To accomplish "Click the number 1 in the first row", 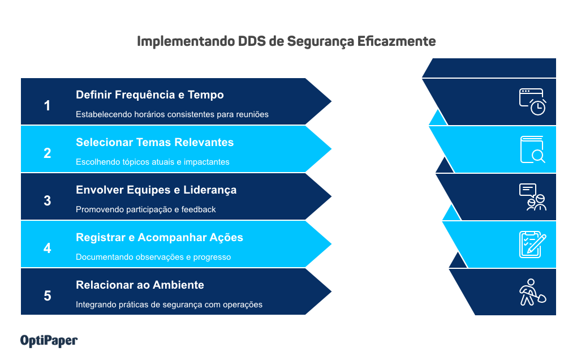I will pos(48,106).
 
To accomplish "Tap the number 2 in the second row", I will pos(48,153).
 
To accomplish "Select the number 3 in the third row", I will pos(48,201).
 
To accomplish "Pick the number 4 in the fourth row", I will pos(48,248).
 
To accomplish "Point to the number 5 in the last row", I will pos(48,296).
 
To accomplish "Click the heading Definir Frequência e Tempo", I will pos(150,95).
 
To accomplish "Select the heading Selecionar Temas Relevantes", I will pos(154,142).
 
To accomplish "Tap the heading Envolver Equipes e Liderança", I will pos(156,190).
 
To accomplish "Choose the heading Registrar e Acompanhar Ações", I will pos(160,237).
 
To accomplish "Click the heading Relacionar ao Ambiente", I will pos(140,285).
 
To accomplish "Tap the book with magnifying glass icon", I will pos(532,149).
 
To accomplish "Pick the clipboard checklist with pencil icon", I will pos(532,245).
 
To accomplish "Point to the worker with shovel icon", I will pos(532,292).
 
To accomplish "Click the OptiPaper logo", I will pos(49,340).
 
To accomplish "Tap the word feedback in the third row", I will pos(199,209).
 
